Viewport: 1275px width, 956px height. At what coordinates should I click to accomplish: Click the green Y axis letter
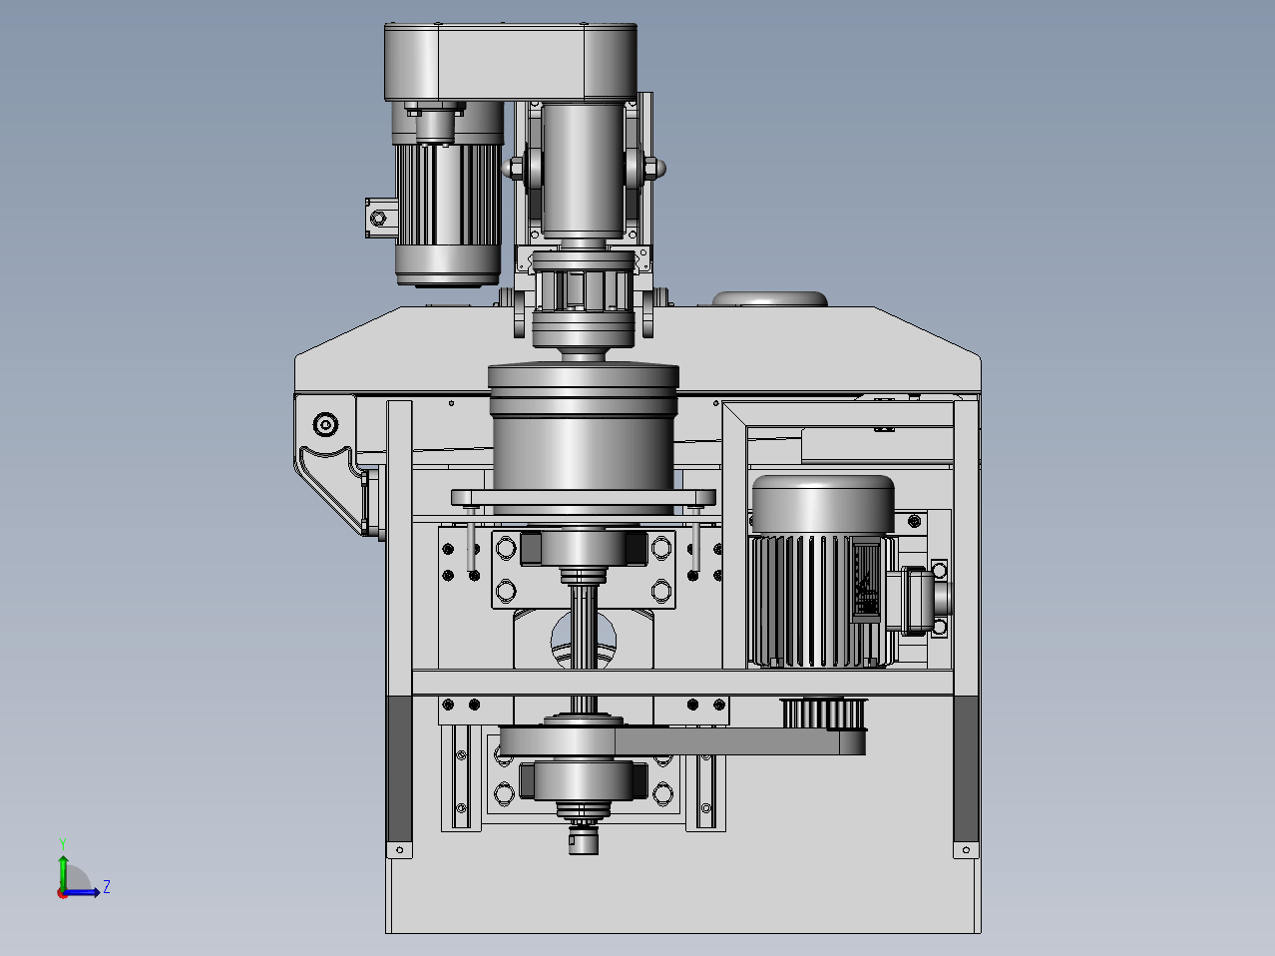tap(63, 844)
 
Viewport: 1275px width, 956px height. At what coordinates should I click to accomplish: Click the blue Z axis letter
tap(107, 886)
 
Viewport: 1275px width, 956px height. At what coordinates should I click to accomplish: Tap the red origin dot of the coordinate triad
tap(62, 893)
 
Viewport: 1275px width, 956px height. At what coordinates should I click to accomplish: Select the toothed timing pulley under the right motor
tap(824, 714)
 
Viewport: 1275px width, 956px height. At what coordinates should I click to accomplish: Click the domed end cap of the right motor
tap(823, 504)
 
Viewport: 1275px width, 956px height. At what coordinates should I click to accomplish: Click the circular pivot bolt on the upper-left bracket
tap(325, 424)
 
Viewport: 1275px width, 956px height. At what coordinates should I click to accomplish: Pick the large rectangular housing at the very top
tap(511, 62)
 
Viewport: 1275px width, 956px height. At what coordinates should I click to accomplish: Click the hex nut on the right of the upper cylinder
tap(654, 168)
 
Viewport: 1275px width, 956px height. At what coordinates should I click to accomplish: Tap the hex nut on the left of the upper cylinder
tap(514, 169)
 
